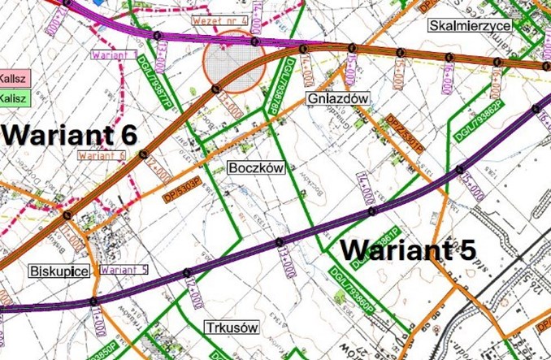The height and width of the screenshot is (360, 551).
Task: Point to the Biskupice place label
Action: click(x=58, y=271)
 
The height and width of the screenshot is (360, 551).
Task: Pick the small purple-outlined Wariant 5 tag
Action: click(x=124, y=270)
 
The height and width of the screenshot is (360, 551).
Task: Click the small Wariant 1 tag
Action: click(x=113, y=54)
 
